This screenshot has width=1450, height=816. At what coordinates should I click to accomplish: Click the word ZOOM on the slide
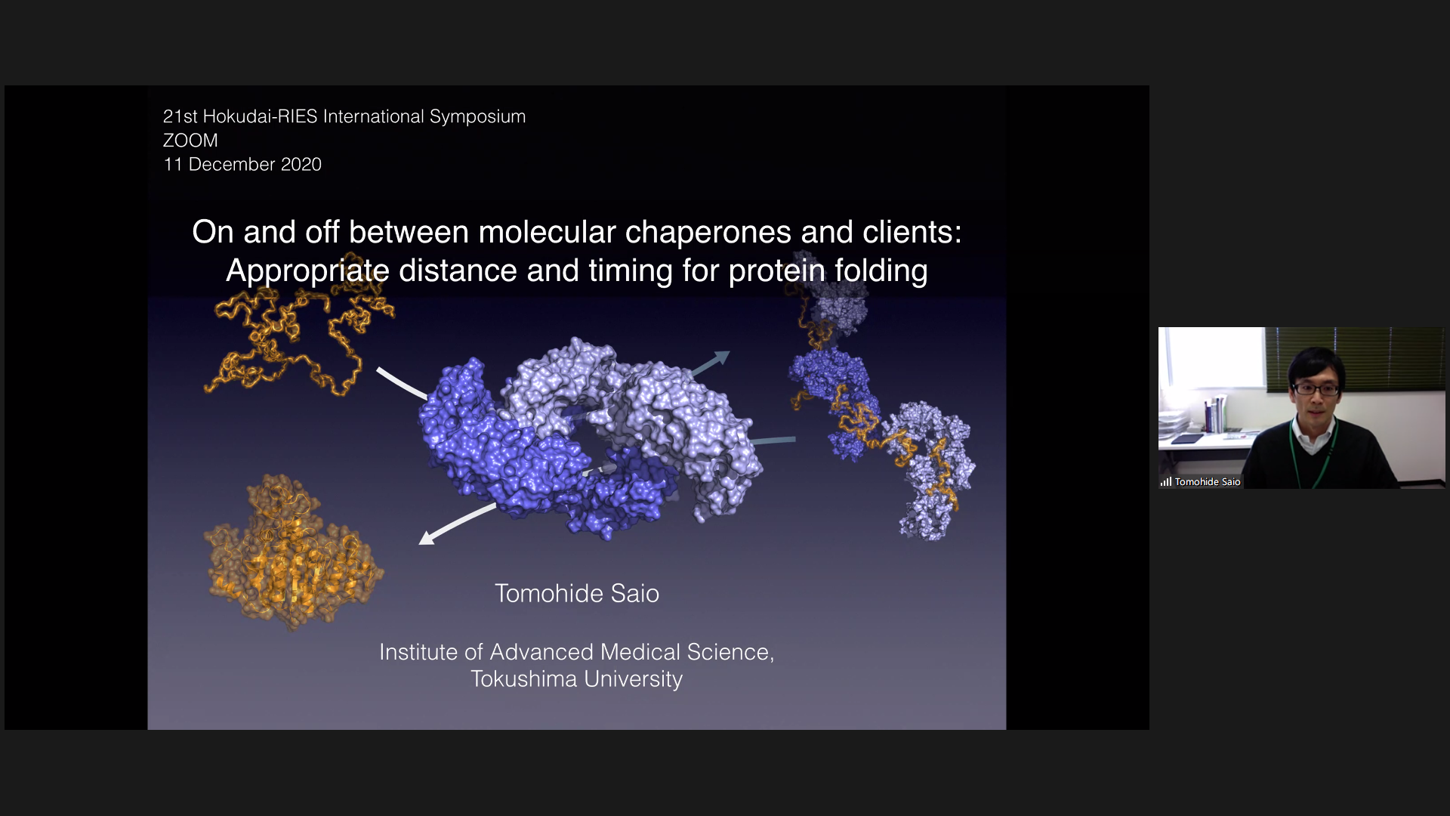pyautogui.click(x=190, y=141)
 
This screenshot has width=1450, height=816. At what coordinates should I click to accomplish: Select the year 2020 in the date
pyautogui.click(x=301, y=165)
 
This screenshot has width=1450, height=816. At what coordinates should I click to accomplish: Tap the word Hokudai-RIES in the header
pyautogui.click(x=260, y=116)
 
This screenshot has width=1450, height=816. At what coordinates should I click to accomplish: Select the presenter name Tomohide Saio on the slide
pyautogui.click(x=577, y=594)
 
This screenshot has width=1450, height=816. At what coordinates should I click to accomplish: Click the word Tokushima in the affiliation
pyautogui.click(x=524, y=679)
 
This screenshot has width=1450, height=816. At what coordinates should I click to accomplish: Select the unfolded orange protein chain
pyautogui.click(x=298, y=325)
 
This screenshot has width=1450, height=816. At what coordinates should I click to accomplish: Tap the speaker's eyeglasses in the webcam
pyautogui.click(x=1315, y=389)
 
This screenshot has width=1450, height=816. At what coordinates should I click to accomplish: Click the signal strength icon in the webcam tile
pyautogui.click(x=1166, y=481)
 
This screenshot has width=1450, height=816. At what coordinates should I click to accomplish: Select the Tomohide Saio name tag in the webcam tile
pyautogui.click(x=1208, y=482)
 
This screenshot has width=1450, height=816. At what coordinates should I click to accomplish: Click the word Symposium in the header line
pyautogui.click(x=477, y=116)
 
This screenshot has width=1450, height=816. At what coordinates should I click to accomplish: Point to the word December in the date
pyautogui.click(x=232, y=165)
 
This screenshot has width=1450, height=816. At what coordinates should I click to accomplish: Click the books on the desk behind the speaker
pyautogui.click(x=1215, y=414)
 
